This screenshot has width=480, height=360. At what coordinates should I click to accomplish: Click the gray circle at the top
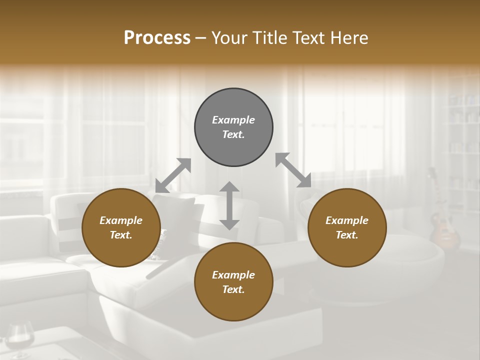coord(233,127)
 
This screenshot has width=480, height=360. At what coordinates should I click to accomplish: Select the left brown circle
coord(121,227)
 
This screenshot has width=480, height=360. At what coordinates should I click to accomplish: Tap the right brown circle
coord(347,227)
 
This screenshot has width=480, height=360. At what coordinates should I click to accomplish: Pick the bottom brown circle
coord(233,281)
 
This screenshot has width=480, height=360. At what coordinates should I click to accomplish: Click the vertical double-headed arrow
coord(229,205)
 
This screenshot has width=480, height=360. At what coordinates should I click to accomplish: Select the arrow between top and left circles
coord(173,175)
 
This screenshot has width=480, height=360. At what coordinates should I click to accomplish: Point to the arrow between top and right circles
coord(293,170)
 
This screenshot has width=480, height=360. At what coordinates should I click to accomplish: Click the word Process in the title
coord(157,37)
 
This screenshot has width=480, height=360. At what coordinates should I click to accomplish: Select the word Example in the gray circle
coord(233,120)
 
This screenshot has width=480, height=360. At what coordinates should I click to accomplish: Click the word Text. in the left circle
coord(121,235)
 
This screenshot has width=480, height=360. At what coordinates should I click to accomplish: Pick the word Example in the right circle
coord(347,220)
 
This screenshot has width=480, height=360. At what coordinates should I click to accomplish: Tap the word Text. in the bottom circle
coord(233,289)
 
